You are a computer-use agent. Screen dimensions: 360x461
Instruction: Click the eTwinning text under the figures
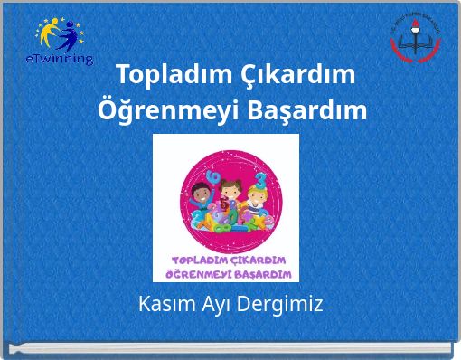(x=61, y=59)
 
